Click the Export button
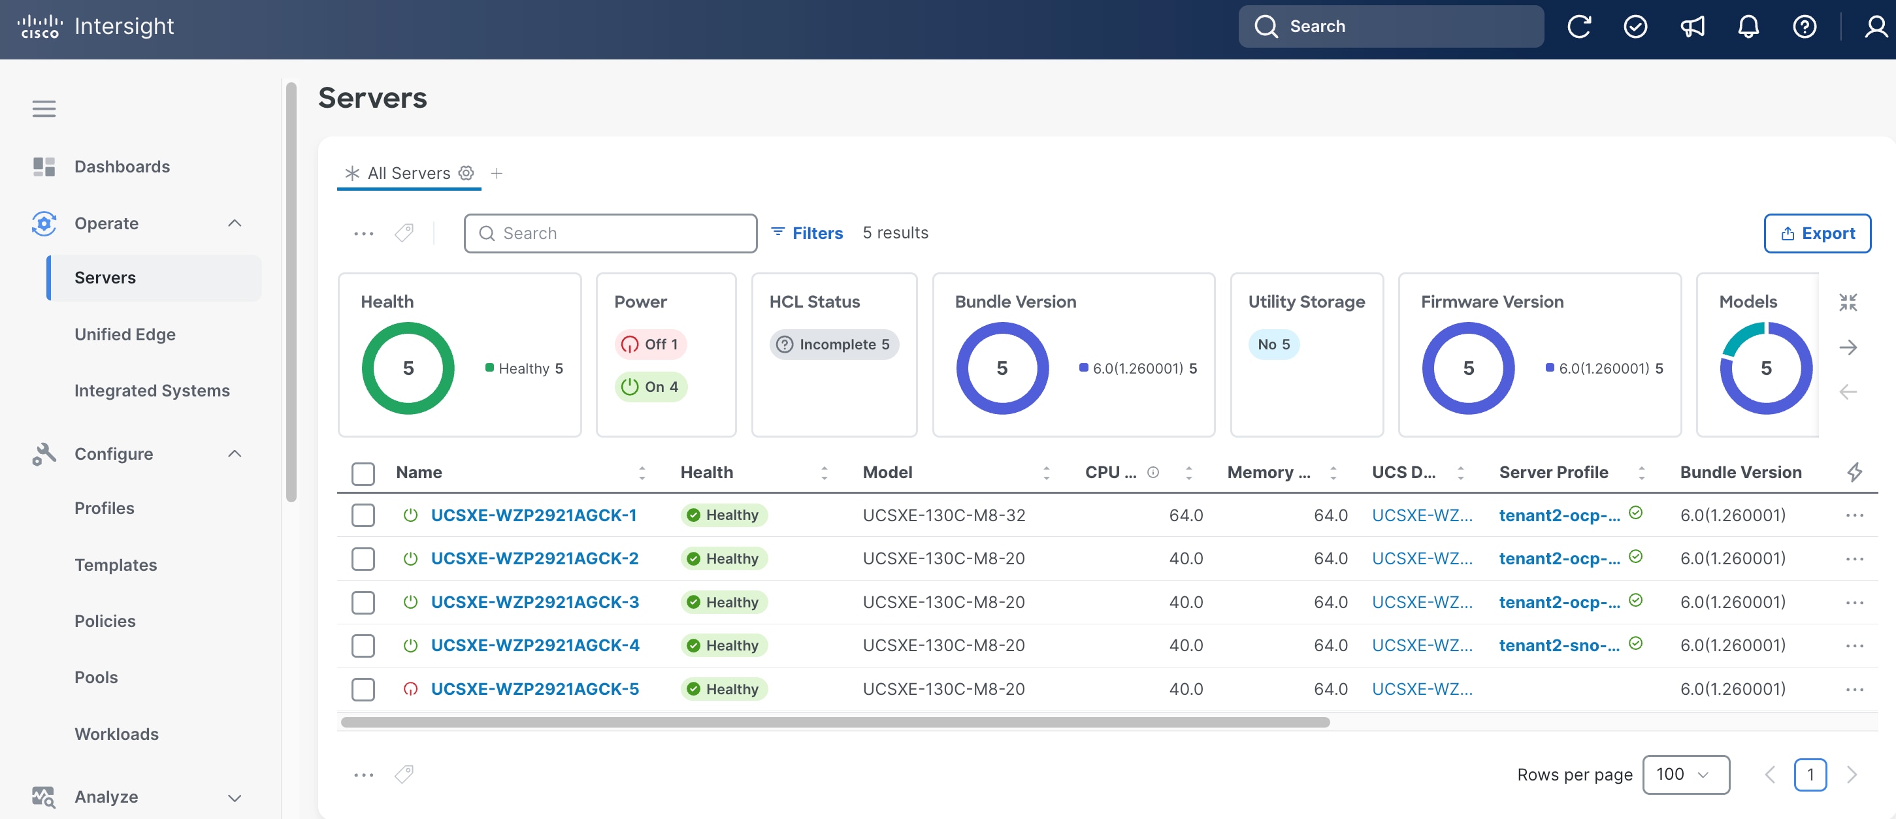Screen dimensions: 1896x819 [x=1817, y=233]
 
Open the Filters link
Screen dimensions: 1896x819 [x=807, y=233]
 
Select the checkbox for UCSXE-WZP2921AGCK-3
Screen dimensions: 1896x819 [x=363, y=602]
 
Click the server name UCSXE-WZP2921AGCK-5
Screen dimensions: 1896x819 [x=535, y=689]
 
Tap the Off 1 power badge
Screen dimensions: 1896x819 [x=651, y=344]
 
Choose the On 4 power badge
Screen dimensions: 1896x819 [x=651, y=387]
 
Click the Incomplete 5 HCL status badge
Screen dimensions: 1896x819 [x=834, y=344]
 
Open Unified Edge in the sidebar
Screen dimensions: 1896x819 [x=125, y=334]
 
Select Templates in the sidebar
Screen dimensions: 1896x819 [x=116, y=564]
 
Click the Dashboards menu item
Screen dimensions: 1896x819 [x=122, y=167]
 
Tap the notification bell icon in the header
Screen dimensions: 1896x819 [x=1748, y=27]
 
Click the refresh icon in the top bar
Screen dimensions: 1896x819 [x=1578, y=27]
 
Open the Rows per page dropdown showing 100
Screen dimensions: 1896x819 [x=1686, y=774]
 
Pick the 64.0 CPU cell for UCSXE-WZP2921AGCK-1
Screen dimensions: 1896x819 [x=1186, y=515]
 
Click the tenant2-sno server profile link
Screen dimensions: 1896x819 [x=1559, y=645]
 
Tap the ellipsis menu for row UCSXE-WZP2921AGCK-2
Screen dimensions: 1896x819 [x=1854, y=558]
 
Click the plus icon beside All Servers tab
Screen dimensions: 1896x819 [x=497, y=173]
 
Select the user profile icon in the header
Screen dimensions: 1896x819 [x=1875, y=27]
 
